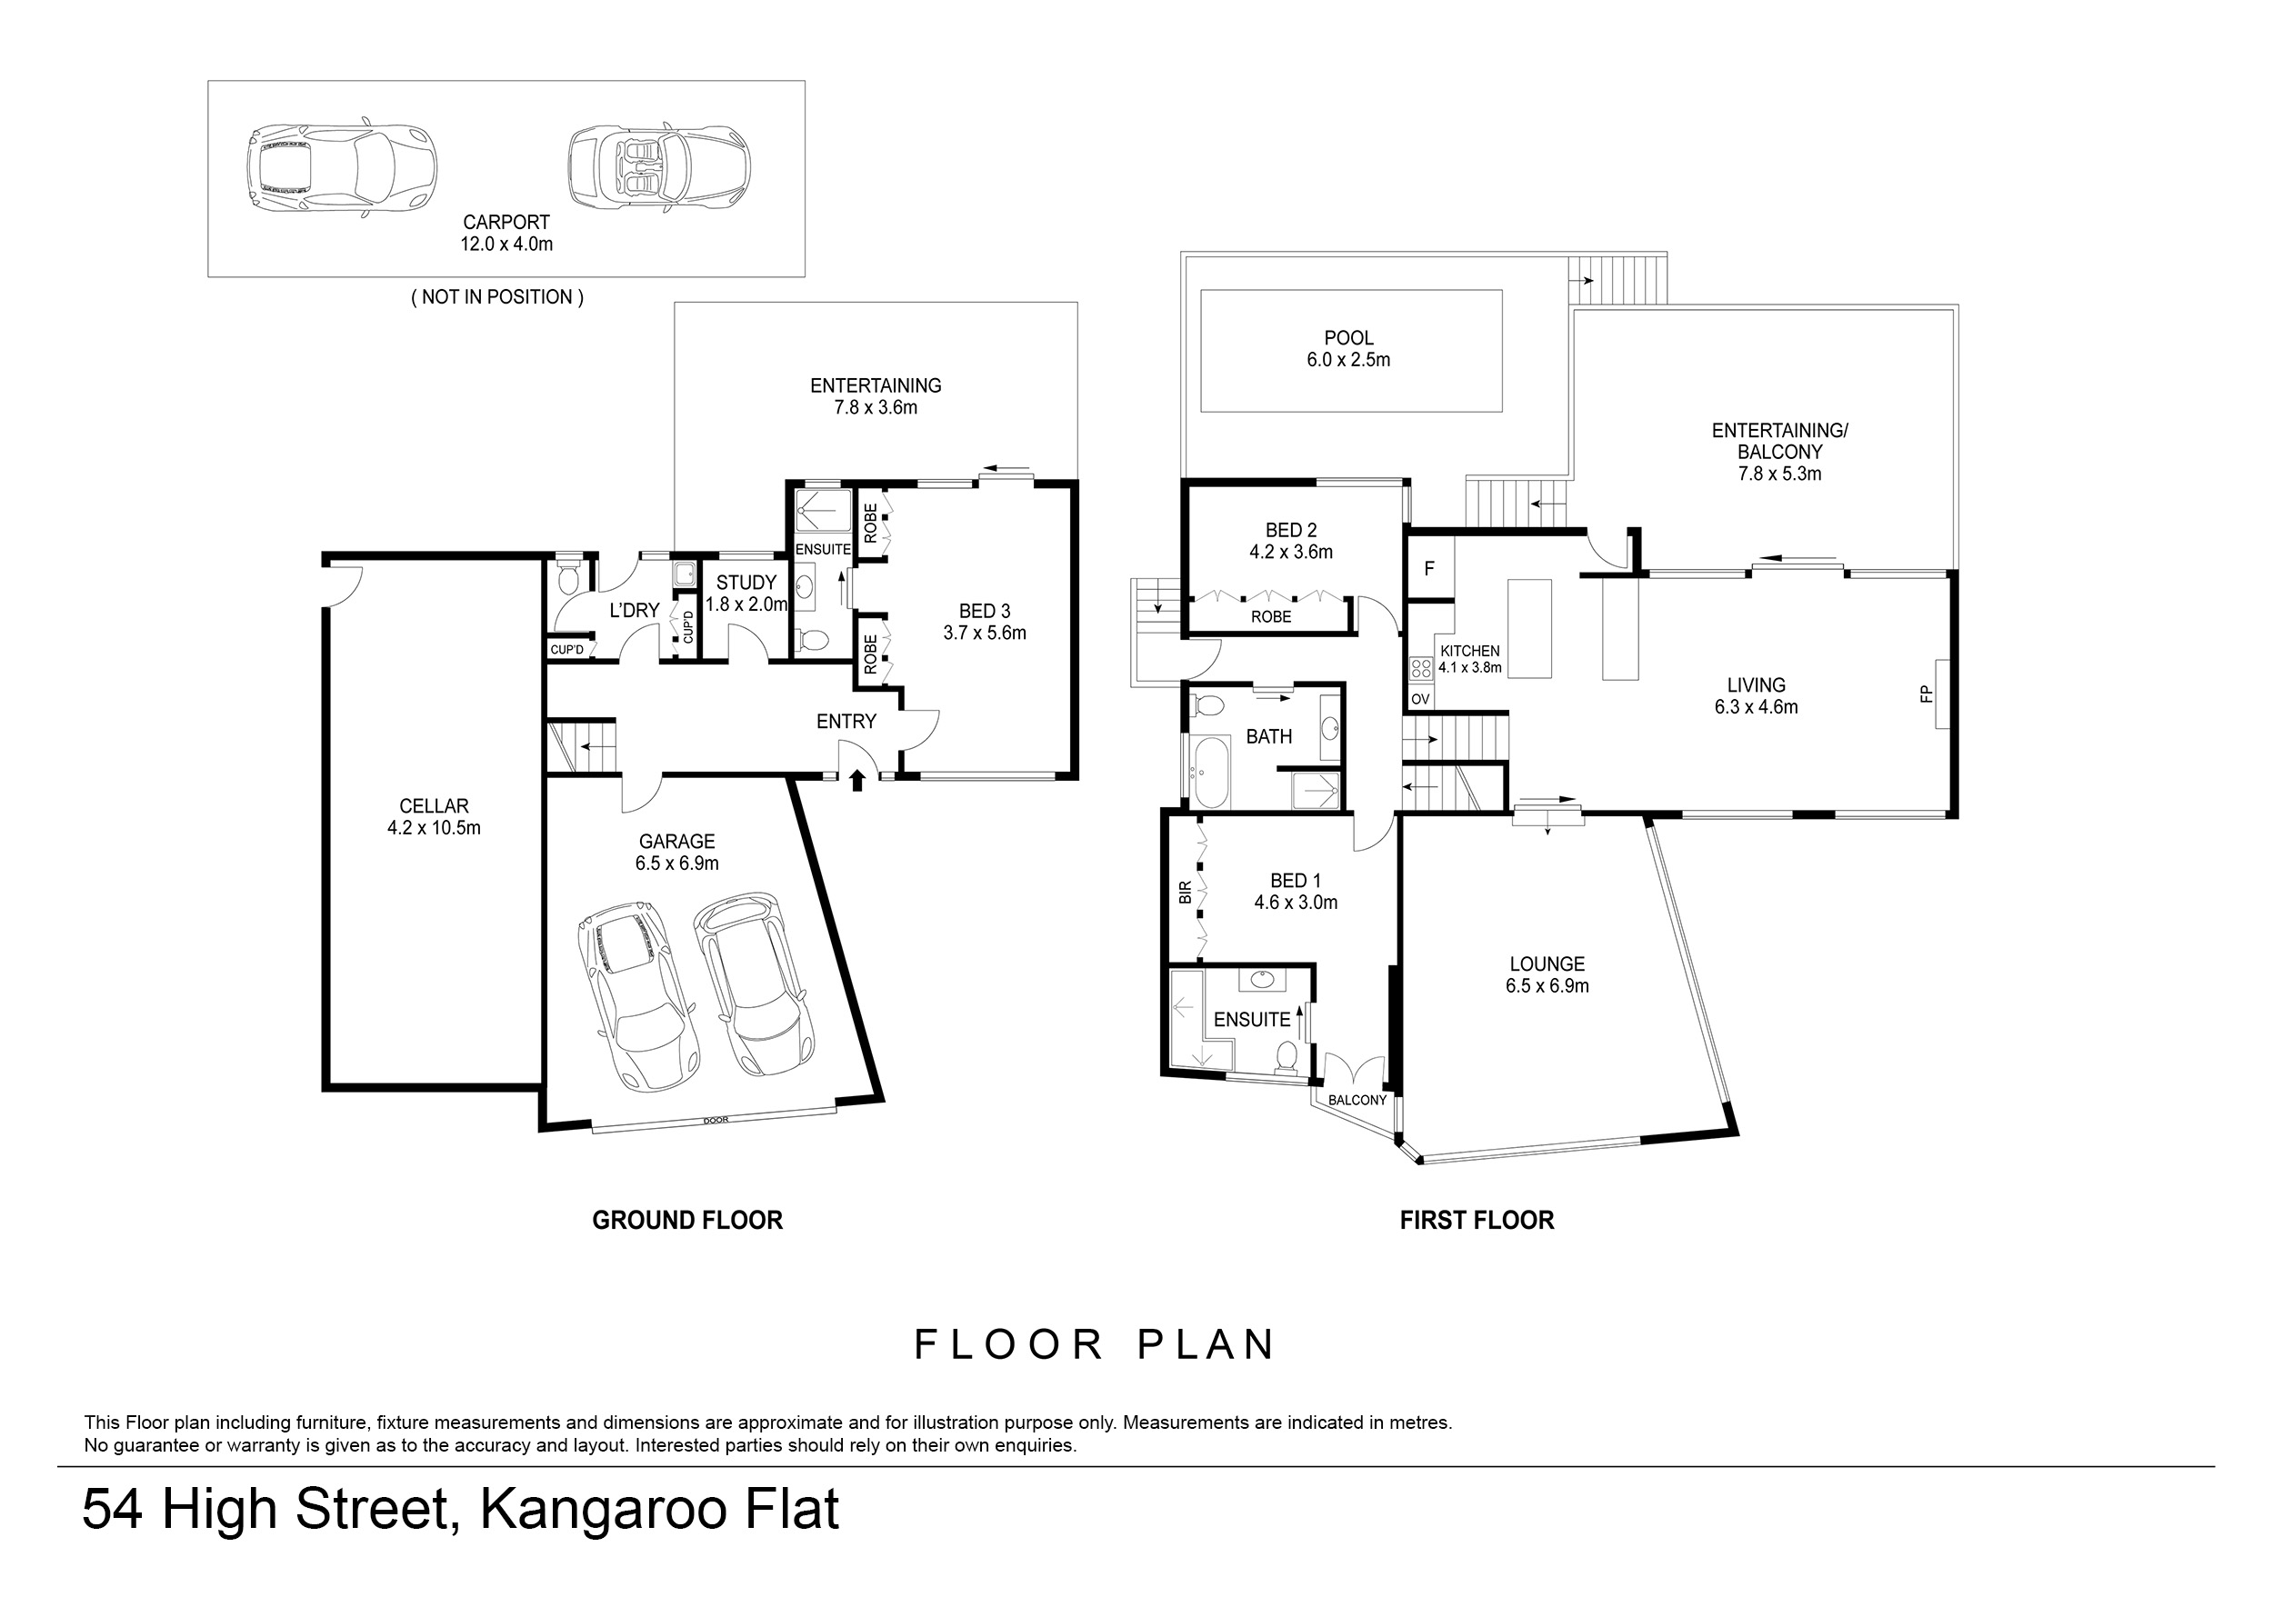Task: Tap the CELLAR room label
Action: coord(434,806)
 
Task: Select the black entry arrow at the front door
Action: coord(857,781)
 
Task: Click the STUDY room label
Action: coord(746,583)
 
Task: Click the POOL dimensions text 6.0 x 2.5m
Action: coord(1348,360)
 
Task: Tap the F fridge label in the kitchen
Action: coord(1428,569)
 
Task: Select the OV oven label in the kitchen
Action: coord(1420,700)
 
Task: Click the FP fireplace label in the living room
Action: coord(1927,694)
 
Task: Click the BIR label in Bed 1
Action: coord(1185,893)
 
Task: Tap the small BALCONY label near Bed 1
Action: coord(1357,1101)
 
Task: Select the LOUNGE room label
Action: coord(1547,963)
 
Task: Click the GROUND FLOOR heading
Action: coord(687,1221)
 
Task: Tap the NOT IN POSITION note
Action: coord(497,297)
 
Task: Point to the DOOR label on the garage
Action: coord(715,1120)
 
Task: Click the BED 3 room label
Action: coord(985,612)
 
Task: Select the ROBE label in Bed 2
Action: coord(1271,616)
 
